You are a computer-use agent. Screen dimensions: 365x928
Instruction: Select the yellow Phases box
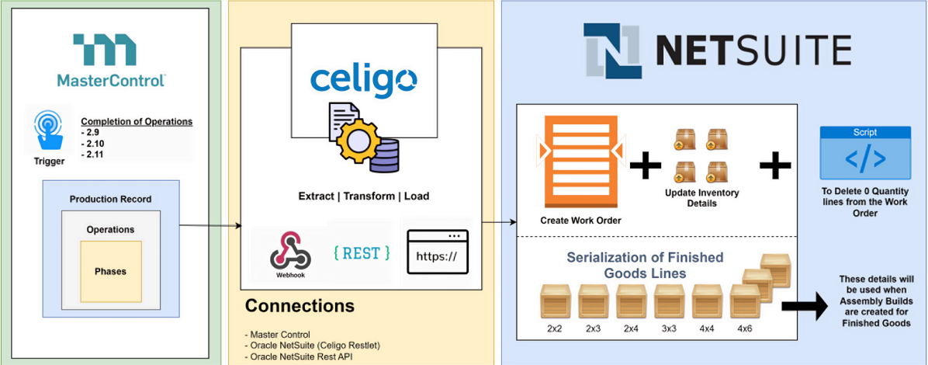pos(110,271)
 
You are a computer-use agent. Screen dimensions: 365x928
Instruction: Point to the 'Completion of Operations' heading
pos(137,122)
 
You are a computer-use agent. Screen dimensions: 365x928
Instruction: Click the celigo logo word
pos(363,79)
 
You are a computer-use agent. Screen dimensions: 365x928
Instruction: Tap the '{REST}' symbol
pos(361,253)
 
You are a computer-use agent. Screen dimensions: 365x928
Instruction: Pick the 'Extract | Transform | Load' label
pos(363,196)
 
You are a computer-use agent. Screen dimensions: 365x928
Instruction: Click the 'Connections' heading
pos(300,306)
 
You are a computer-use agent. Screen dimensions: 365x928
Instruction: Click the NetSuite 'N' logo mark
pos(612,50)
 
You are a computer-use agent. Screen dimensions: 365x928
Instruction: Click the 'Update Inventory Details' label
pos(702,198)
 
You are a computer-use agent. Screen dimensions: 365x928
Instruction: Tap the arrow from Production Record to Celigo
pos(210,226)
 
